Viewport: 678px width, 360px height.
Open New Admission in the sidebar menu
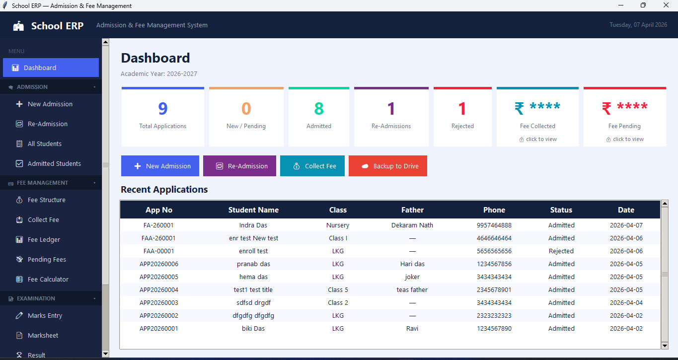click(50, 104)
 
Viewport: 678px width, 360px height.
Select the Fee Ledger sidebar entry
click(44, 240)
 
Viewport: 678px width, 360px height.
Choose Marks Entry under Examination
click(45, 316)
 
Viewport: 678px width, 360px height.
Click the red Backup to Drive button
click(388, 166)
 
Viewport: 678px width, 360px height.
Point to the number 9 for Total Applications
click(162, 108)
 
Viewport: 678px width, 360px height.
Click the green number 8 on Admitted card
click(319, 108)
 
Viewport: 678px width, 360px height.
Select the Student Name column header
click(253, 210)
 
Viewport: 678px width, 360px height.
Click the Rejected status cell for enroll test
click(561, 251)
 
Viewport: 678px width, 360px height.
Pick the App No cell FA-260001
click(158, 225)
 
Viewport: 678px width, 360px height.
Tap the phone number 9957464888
click(494, 225)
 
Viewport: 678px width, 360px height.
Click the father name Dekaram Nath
click(412, 225)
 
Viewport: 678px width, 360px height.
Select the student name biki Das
click(253, 329)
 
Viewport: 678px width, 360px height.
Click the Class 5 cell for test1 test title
click(338, 290)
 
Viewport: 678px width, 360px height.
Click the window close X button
click(666, 5)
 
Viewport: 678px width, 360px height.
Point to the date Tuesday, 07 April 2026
click(638, 25)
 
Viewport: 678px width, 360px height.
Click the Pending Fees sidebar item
click(47, 260)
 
